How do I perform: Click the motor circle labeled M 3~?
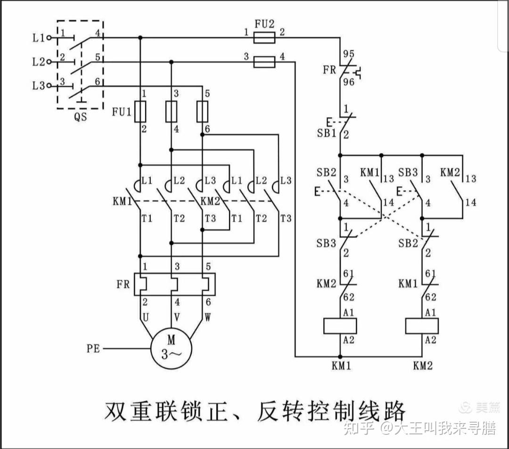coord(171,349)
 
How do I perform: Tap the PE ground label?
coord(93,349)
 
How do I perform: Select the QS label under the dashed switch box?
coord(81,117)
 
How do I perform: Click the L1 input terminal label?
coord(39,38)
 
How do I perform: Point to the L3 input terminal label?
coord(39,86)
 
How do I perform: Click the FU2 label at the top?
coord(264,22)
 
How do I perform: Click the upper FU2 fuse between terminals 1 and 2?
coord(264,37)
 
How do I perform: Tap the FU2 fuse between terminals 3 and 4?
coord(264,61)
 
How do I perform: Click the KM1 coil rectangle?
coord(340,326)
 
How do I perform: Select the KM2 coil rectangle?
coord(422,326)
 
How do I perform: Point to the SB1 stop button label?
coord(326,133)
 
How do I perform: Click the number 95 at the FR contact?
coord(348,53)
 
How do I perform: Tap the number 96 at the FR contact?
coord(348,82)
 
